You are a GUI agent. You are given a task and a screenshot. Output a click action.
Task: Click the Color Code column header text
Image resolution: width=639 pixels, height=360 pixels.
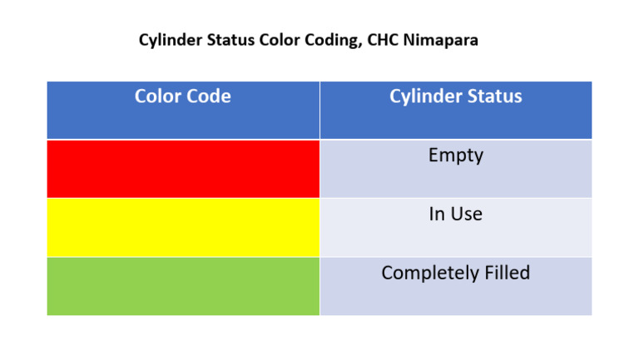click(183, 96)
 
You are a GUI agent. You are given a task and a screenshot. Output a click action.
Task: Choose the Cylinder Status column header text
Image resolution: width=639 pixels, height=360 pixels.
click(455, 96)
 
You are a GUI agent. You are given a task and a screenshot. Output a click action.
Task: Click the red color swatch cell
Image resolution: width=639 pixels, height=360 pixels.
click(183, 169)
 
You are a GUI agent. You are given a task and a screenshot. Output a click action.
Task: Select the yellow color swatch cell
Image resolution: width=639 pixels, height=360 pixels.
click(183, 227)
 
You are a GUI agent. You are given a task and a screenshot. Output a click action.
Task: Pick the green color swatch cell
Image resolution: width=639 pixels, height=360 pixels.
click(183, 286)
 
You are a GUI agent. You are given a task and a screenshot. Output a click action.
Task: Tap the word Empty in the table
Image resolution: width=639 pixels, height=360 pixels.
click(455, 155)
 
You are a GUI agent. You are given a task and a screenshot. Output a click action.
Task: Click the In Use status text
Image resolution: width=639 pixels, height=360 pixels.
click(455, 215)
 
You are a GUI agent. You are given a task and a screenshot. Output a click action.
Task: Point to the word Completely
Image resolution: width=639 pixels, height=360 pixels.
click(424, 274)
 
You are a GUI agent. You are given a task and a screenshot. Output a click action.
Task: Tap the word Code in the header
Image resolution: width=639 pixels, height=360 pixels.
click(211, 96)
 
